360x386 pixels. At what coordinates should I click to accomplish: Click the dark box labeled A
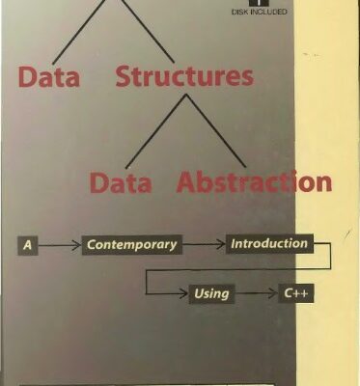click(x=28, y=245)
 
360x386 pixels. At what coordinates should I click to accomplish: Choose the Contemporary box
click(x=131, y=245)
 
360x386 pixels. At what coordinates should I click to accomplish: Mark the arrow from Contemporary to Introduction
click(x=203, y=245)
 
